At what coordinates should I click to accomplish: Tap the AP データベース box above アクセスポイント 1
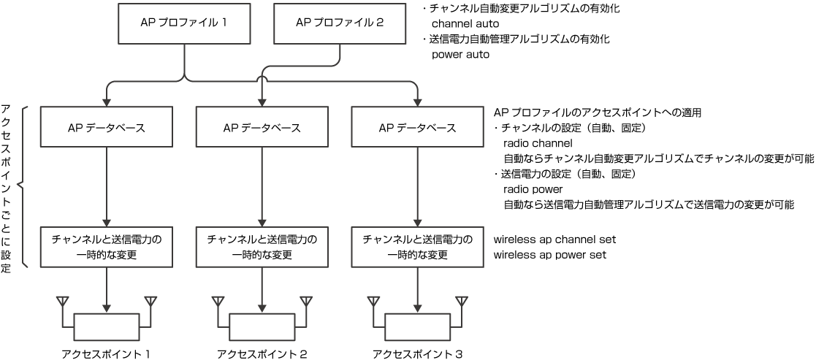(107, 128)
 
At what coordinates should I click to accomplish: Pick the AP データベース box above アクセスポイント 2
(262, 128)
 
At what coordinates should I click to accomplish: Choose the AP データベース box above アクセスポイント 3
(418, 128)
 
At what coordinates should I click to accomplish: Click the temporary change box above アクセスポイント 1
(107, 247)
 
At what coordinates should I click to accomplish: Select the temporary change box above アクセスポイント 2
(262, 247)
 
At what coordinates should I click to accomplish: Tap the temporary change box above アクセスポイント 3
(418, 247)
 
